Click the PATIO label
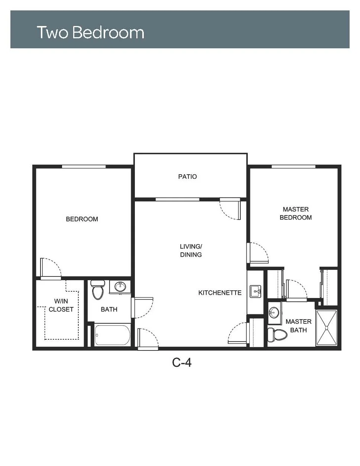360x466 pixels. tap(187, 177)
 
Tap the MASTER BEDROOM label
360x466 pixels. tap(295, 213)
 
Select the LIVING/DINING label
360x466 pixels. tap(191, 250)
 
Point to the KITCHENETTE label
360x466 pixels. tap(220, 293)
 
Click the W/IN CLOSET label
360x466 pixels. tap(61, 305)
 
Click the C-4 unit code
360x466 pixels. tap(182, 363)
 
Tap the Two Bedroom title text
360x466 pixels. tap(91, 32)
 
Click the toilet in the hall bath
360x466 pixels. tap(98, 289)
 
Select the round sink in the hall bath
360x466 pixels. tap(120, 287)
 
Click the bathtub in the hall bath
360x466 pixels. tap(112, 335)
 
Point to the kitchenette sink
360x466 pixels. tap(255, 291)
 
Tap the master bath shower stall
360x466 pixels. tap(327, 328)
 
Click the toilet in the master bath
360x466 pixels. tap(277, 334)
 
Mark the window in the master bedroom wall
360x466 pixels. tap(293, 166)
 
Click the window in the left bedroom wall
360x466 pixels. tap(84, 166)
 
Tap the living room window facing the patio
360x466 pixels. tap(177, 200)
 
